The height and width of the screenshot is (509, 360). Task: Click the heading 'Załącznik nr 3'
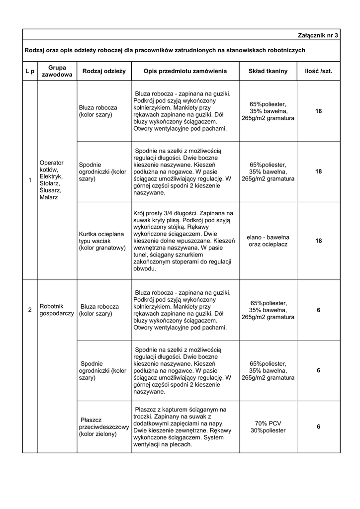(x=317, y=36)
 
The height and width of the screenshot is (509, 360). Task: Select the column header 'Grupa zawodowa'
(x=57, y=71)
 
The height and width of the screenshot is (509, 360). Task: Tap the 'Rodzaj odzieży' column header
(x=104, y=72)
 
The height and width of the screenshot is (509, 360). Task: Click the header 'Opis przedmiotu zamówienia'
(x=185, y=72)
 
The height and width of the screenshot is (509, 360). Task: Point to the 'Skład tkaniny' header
(x=268, y=72)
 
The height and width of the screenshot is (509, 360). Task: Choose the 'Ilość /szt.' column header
(x=318, y=72)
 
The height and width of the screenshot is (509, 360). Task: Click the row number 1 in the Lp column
(x=30, y=179)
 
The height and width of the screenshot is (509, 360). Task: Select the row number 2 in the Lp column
(x=30, y=310)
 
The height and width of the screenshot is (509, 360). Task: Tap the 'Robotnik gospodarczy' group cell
(x=56, y=310)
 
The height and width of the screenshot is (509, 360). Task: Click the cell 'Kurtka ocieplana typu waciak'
(x=102, y=241)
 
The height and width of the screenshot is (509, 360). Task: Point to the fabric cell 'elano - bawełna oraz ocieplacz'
(x=268, y=241)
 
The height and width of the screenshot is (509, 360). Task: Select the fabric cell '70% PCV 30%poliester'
(x=268, y=427)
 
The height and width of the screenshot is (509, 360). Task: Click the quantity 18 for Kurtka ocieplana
(x=318, y=241)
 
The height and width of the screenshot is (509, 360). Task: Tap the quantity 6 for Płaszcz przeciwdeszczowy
(x=318, y=427)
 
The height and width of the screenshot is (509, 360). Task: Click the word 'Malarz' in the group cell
(x=49, y=197)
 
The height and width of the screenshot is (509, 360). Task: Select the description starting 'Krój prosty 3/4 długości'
(x=183, y=241)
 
